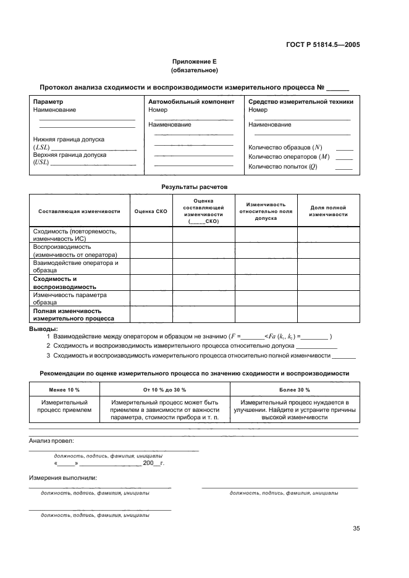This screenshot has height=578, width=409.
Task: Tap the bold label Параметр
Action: point(47,101)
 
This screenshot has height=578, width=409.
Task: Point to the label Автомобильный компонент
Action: point(191,101)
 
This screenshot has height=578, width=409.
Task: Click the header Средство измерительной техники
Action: point(300,101)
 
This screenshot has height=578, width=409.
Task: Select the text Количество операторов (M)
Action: point(287,157)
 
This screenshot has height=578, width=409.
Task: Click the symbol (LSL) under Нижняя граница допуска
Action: point(41,148)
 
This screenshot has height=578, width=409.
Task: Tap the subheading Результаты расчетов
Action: point(195,185)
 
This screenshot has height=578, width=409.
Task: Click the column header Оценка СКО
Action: point(151,211)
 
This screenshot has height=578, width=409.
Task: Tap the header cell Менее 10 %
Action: point(65,390)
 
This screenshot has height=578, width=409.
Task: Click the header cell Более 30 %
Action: point(294,390)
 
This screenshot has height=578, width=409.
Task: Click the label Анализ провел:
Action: point(51,440)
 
